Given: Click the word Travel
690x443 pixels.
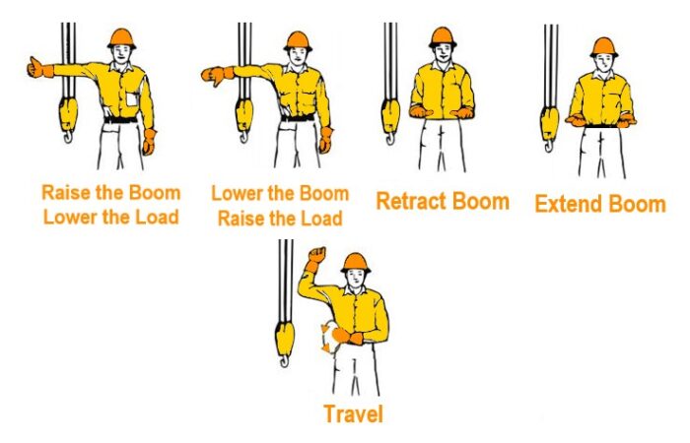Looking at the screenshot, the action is pos(353,414).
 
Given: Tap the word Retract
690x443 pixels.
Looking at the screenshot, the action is pos(411,201).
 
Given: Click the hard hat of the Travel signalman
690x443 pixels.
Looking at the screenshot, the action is pos(356,263).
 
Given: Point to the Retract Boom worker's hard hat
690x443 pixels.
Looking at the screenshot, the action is pos(442,37).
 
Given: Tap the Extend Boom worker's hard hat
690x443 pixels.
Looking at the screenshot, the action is pos(603,47).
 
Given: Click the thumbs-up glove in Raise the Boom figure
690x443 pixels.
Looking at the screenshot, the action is pos(39,68).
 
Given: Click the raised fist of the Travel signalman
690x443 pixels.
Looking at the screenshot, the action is pos(316,255).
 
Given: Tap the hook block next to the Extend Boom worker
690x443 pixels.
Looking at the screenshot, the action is pos(549,127).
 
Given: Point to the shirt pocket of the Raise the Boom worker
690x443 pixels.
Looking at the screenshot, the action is pos(132,99).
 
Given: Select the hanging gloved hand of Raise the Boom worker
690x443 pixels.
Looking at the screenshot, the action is pos(150,142).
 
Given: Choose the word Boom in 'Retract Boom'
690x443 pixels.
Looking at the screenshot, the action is pos(481,201).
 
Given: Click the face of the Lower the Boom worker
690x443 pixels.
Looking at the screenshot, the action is pos(298,56).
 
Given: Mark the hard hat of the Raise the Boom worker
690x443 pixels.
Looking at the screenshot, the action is pos(121,38).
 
